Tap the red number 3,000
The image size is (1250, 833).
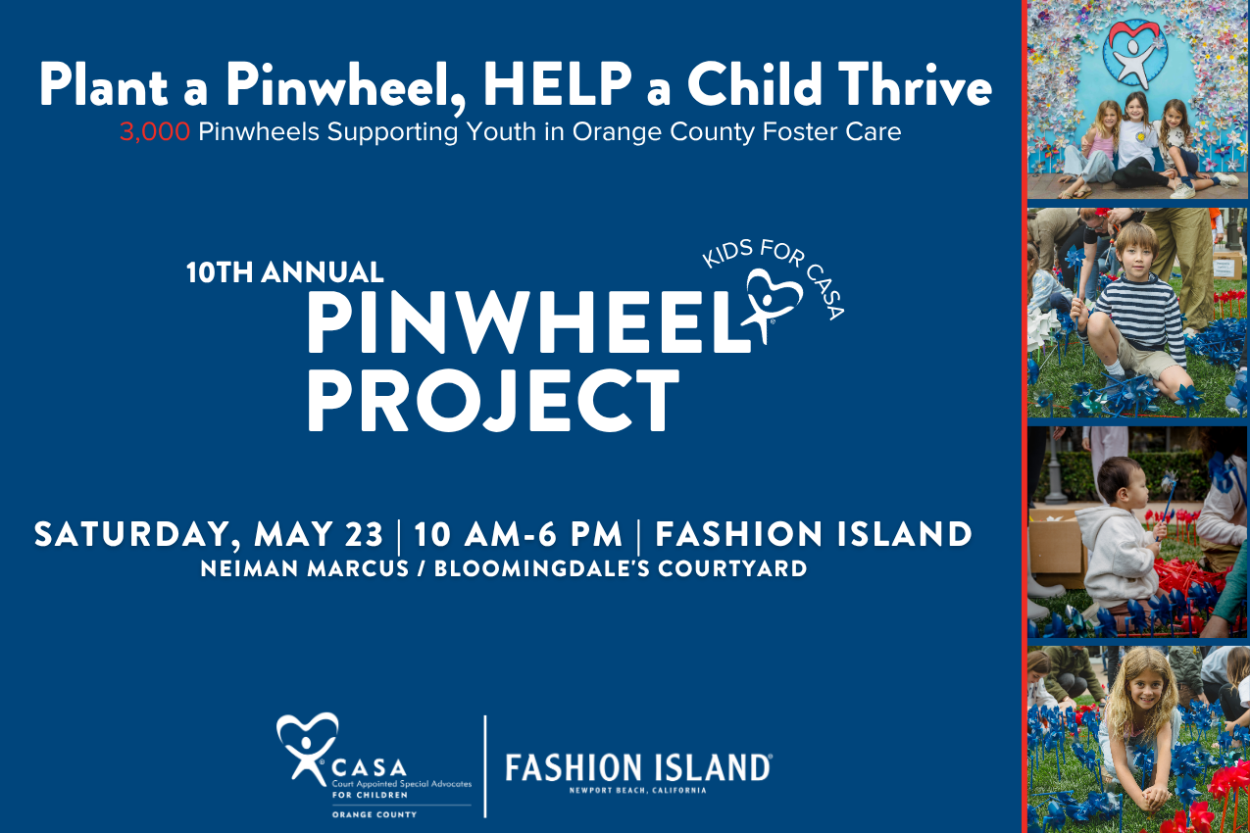pos(155,132)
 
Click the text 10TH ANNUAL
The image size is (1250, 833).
pos(284,272)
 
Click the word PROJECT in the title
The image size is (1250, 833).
pos(493,399)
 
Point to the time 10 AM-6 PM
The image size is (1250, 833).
pos(518,535)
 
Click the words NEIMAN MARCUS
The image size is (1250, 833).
pos(304,568)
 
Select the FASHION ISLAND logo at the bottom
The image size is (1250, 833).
pos(637,766)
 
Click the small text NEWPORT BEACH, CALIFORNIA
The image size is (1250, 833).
pos(637,790)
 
